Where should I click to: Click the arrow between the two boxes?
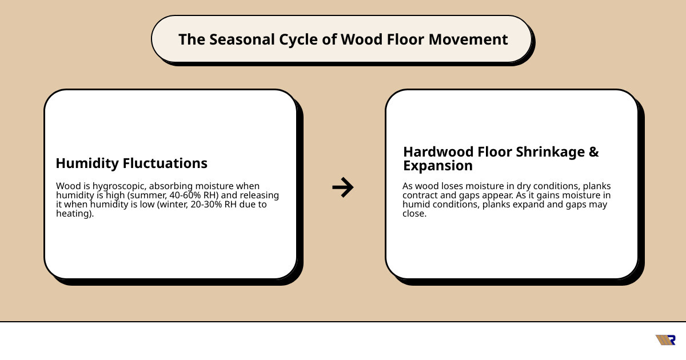[x=342, y=187]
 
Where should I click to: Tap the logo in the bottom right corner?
[x=665, y=340]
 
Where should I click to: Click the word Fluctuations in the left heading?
[x=165, y=163]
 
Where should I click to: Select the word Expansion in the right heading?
[x=438, y=166]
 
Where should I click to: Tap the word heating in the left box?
[x=74, y=214]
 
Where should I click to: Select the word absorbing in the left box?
[x=165, y=186]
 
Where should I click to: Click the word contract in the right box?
[x=421, y=196]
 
